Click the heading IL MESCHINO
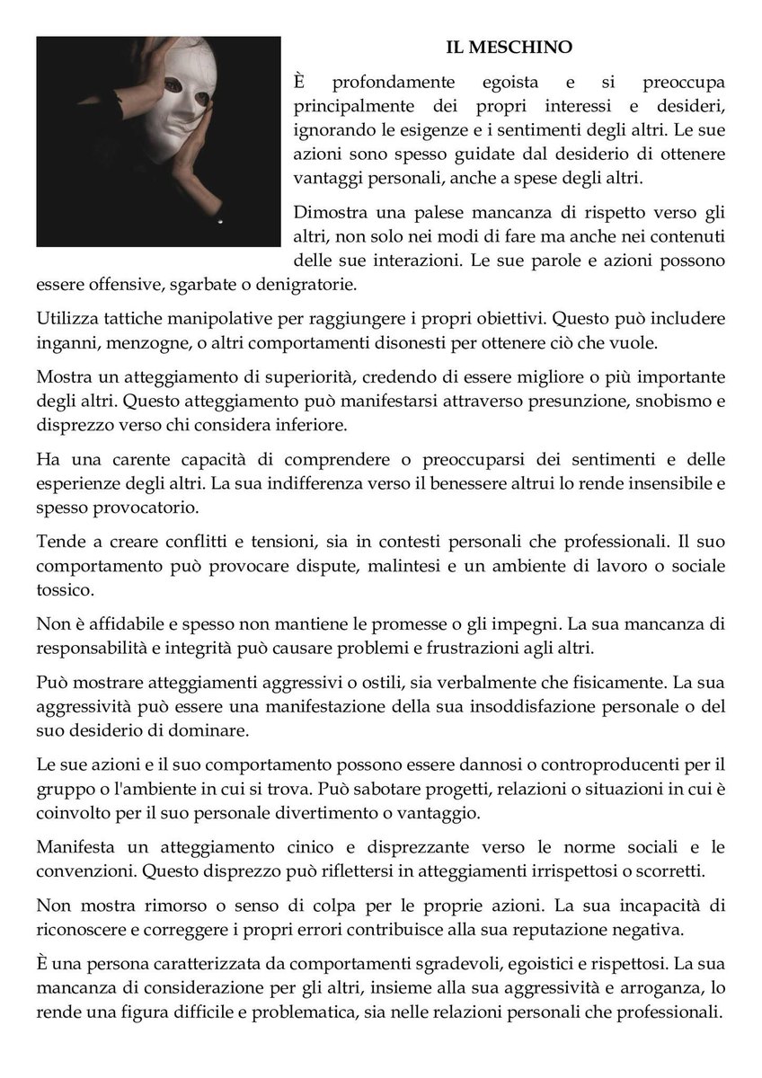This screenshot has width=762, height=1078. tap(509, 46)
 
